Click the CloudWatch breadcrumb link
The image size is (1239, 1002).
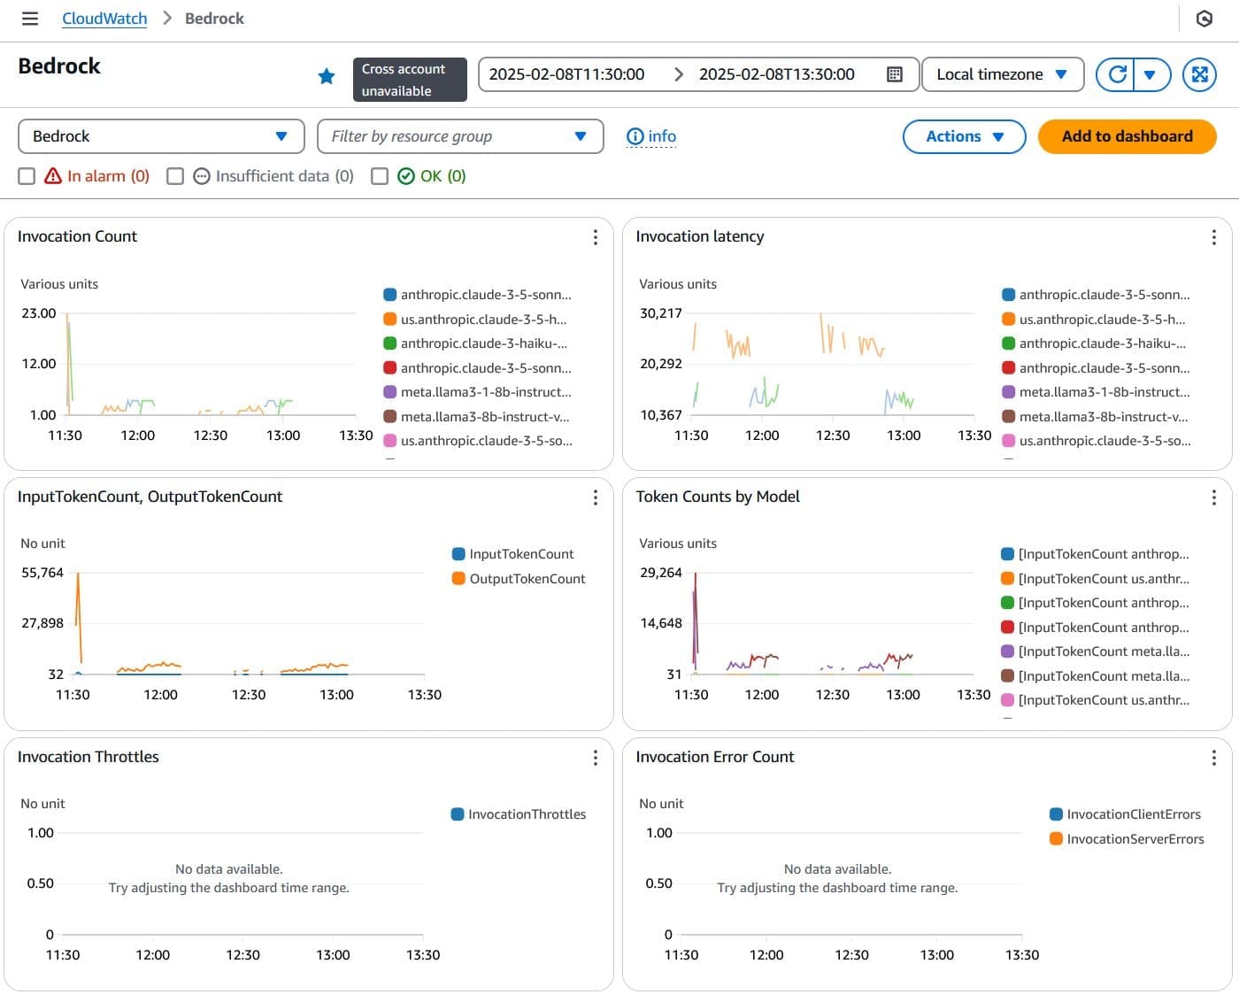point(104,19)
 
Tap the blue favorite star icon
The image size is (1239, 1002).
point(327,76)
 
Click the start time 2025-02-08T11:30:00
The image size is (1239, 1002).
point(566,74)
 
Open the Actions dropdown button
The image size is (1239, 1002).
point(964,136)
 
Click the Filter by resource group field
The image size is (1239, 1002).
point(459,136)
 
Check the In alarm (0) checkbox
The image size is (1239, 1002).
point(27,176)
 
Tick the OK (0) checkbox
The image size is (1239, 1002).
point(380,176)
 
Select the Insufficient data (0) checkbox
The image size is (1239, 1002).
point(175,176)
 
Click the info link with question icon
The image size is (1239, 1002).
point(651,136)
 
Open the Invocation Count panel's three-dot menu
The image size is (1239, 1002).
point(595,237)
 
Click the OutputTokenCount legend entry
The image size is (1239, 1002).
point(527,579)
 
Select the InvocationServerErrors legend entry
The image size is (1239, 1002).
point(1135,839)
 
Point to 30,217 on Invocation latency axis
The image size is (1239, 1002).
point(660,313)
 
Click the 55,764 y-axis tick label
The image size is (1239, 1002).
point(42,573)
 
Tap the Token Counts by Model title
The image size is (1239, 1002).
point(717,497)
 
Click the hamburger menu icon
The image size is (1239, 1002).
point(30,19)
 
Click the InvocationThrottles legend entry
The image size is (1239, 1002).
point(527,814)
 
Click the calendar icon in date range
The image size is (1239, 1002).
point(894,74)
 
